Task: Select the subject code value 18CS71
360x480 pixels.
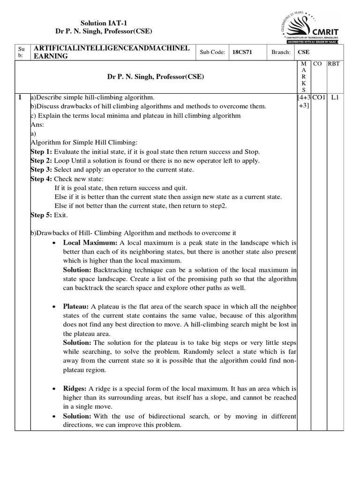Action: coord(242,52)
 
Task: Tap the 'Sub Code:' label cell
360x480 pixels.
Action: coord(212,52)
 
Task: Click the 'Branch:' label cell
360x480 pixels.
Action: coord(281,52)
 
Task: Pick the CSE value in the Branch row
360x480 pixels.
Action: coord(303,52)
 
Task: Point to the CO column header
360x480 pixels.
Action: coord(317,63)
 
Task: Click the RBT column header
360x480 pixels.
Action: coord(334,63)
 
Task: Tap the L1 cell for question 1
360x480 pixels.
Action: coord(334,97)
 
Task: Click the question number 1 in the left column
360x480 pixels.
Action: coord(19,97)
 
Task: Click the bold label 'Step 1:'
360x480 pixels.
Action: coord(42,152)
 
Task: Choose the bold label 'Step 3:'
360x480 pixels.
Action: coord(42,169)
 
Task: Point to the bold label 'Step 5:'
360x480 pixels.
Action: coord(42,215)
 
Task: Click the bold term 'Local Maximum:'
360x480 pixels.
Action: coord(90,243)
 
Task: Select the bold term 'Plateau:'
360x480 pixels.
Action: coord(76,307)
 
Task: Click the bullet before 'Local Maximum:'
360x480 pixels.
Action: coord(55,243)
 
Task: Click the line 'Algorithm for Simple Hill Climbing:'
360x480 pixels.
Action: coord(84,142)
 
